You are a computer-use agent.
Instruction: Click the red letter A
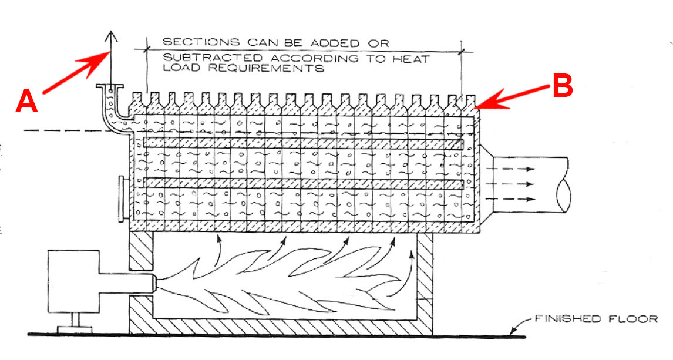coord(26,101)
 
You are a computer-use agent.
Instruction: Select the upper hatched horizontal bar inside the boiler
coord(302,143)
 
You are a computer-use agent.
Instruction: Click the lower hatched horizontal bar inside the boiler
coord(302,183)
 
